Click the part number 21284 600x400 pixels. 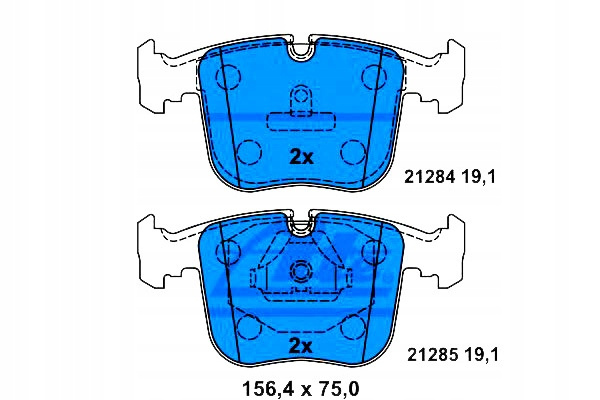click(x=430, y=177)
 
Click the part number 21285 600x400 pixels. click(x=432, y=355)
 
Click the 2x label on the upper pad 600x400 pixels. click(x=301, y=157)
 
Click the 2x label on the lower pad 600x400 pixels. click(x=301, y=346)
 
